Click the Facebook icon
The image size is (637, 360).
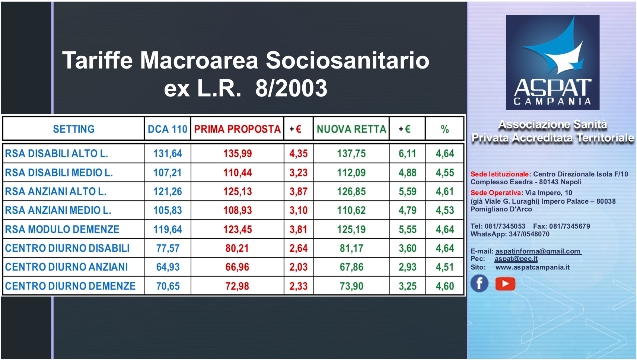click(x=480, y=283)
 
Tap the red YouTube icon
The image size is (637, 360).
click(x=505, y=284)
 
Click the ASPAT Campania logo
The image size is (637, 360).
click(x=552, y=62)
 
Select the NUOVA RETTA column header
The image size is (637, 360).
click(x=351, y=129)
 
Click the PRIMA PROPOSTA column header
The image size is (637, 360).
click(x=238, y=129)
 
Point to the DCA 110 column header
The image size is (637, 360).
click(x=168, y=129)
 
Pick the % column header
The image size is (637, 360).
click(x=445, y=130)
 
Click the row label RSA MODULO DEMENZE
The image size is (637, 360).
click(x=62, y=229)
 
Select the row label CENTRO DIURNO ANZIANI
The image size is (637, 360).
click(x=67, y=267)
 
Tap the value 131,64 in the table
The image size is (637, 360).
click(x=168, y=153)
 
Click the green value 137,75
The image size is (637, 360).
click(x=351, y=153)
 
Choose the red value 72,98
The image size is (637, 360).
click(x=237, y=286)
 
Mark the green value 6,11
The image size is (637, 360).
click(x=407, y=153)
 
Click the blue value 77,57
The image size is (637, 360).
click(x=168, y=248)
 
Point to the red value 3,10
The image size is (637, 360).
click(x=299, y=210)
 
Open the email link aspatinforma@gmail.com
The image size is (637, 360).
click(x=538, y=251)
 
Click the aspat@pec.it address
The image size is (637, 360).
click(x=516, y=259)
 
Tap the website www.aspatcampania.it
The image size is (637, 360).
click(x=532, y=267)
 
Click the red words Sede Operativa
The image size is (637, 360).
click(x=496, y=193)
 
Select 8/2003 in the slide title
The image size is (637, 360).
click(x=291, y=88)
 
